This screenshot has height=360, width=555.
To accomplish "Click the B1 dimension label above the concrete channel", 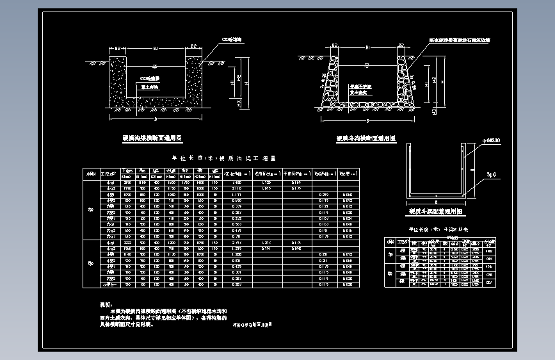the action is (x=157, y=47).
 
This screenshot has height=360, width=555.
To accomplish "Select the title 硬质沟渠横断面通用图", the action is (x=152, y=138).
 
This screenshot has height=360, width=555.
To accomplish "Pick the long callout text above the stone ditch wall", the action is (x=460, y=40).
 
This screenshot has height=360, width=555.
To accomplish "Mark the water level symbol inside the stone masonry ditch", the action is (x=367, y=65).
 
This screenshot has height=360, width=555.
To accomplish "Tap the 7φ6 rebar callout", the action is (x=492, y=174).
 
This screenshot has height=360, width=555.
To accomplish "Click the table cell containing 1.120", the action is (x=268, y=183).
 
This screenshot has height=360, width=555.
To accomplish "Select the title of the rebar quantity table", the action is (x=435, y=229).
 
